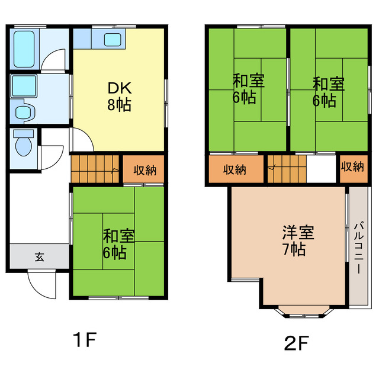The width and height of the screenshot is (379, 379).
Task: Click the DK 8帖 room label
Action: [x=118, y=97]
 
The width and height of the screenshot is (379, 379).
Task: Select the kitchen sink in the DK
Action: [x=113, y=40]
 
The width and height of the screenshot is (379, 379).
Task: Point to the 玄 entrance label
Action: [x=38, y=257]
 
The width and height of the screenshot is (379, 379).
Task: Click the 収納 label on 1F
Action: [x=144, y=170]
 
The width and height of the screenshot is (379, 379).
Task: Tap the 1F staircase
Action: [x=95, y=168]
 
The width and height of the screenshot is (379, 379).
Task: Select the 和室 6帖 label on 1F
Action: [x=118, y=245]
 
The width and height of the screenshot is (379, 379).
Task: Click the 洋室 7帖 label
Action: [x=293, y=240]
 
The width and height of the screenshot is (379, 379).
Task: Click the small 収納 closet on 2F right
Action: [x=353, y=168]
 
